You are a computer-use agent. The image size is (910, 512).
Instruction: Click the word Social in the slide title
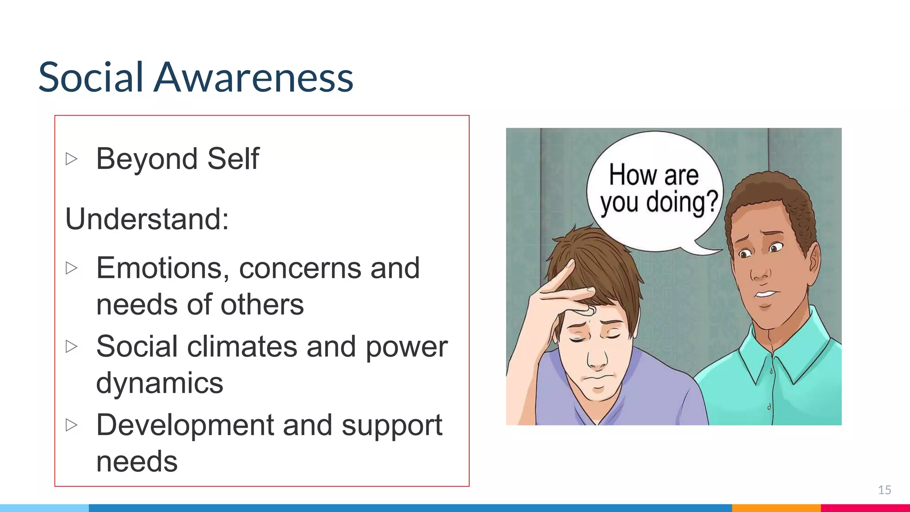[91, 77]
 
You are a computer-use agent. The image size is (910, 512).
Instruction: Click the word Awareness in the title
[253, 77]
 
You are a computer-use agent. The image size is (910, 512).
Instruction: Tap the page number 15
[884, 490]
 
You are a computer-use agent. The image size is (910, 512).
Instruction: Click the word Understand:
[147, 219]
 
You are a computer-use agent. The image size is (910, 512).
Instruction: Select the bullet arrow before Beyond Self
[72, 159]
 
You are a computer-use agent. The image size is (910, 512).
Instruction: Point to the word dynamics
[160, 383]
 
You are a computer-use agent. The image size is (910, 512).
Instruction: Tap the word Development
[185, 425]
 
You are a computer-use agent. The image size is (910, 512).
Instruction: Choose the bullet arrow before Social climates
[72, 347]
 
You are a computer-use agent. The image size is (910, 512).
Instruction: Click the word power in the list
[406, 347]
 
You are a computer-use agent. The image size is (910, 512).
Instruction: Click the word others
[262, 305]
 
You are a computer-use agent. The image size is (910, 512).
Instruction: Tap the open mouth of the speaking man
[765, 294]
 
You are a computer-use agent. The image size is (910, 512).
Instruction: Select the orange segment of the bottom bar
[776, 508]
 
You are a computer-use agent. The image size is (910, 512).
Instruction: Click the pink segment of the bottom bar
[865, 508]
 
